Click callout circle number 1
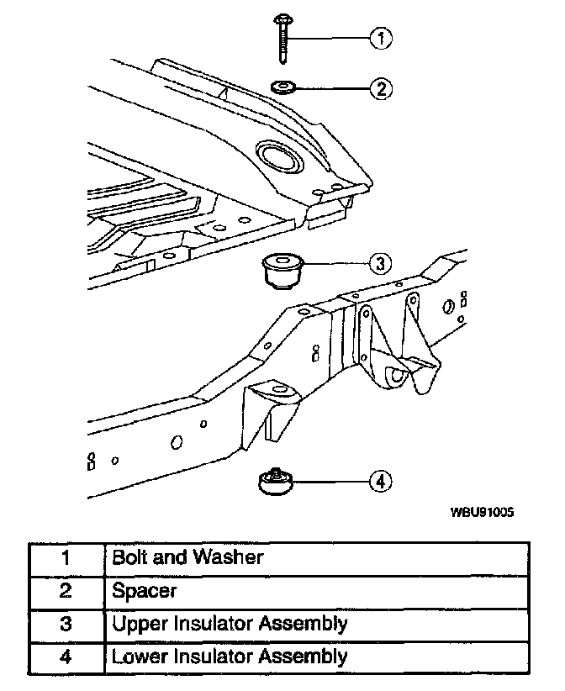pos(381,38)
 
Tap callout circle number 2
pos(381,88)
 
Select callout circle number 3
pos(380,263)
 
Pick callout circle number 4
pos(380,481)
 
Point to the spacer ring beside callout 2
pos(282,86)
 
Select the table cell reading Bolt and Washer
pos(187,557)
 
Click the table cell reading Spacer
pos(144,591)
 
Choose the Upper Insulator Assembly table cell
pos(229,624)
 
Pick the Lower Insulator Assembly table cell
pos(229,657)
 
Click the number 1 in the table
pos(65,557)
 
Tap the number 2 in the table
pos(65,591)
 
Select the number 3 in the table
pos(65,624)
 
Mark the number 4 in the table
pos(65,657)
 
